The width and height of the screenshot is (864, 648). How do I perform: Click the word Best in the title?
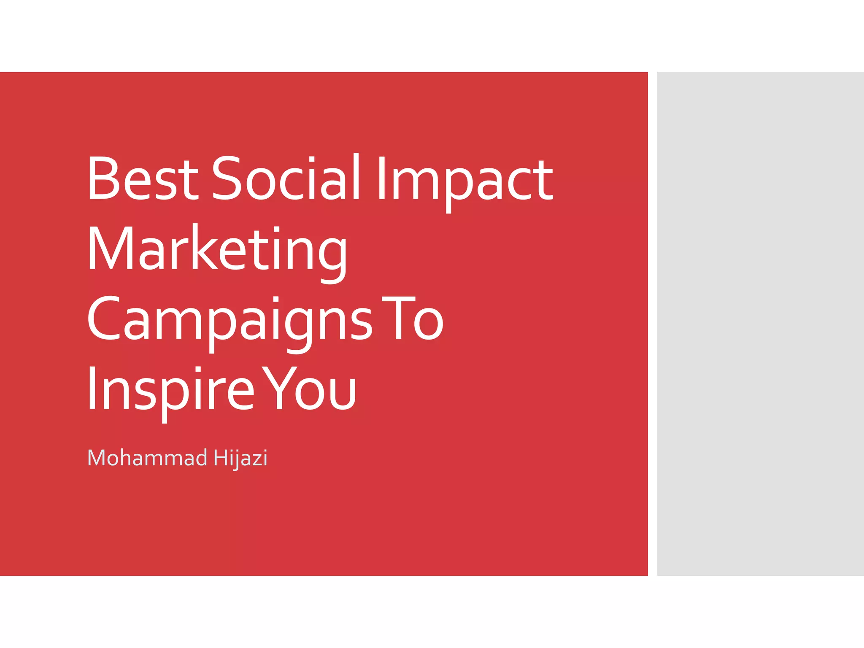pyautogui.click(x=143, y=178)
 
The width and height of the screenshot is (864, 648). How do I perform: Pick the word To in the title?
pyautogui.click(x=412, y=319)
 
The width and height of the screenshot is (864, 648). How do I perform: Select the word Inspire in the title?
pyautogui.click(x=171, y=390)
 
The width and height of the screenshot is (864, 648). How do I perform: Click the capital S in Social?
pyautogui.click(x=227, y=178)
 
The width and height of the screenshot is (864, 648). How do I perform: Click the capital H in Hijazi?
pyautogui.click(x=221, y=458)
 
